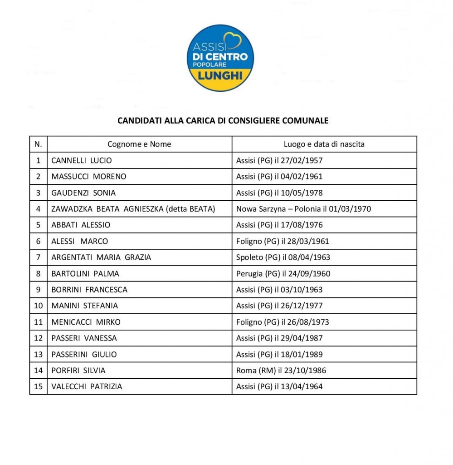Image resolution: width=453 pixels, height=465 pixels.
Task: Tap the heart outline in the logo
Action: (234, 41)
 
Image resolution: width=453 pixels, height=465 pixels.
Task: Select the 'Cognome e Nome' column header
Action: (139, 144)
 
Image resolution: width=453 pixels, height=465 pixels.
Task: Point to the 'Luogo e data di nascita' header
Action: (324, 144)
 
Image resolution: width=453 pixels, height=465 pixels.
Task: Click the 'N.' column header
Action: (38, 144)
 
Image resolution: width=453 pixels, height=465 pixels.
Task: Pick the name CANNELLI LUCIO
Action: (82, 160)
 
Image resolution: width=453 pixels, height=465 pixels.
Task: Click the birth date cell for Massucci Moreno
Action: (279, 177)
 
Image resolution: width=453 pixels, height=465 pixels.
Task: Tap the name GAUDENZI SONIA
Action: (83, 193)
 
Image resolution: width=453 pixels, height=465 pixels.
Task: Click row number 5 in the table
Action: (38, 225)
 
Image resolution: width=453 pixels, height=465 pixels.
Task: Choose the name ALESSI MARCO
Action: (80, 241)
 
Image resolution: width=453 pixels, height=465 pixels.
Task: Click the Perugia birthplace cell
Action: (283, 273)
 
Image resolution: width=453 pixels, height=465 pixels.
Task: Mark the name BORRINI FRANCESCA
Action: (89, 289)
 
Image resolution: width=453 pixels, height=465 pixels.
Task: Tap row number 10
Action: (38, 306)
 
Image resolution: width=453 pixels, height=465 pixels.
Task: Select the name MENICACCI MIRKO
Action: (86, 322)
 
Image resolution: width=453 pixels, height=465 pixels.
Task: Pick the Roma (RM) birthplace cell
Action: (281, 370)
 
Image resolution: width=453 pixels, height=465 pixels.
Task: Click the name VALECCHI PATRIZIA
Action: (87, 386)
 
